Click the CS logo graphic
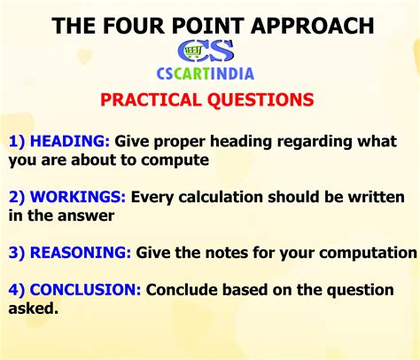(206, 51)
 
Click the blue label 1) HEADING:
(60, 142)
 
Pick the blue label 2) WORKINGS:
(67, 197)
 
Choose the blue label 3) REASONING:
(70, 253)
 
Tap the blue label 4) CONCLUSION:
(75, 290)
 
